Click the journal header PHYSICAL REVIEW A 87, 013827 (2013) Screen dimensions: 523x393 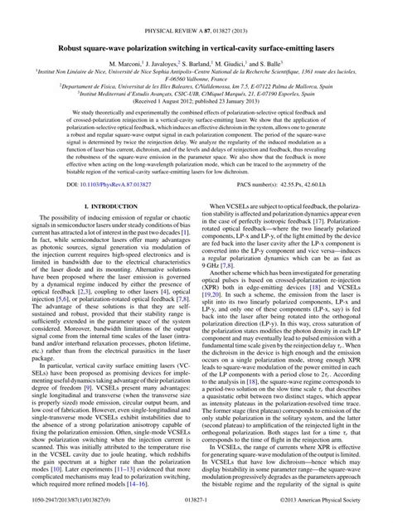196,7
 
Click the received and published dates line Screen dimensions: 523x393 196,98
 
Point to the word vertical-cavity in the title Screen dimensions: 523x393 236,26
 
